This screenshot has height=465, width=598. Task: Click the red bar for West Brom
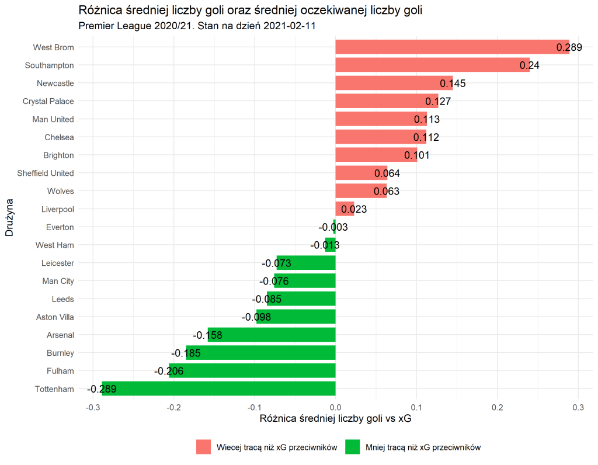452,47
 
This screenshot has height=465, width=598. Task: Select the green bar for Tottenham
218,388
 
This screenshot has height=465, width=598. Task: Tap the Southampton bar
432,65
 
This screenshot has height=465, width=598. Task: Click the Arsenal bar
272,335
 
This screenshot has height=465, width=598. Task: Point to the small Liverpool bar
345,209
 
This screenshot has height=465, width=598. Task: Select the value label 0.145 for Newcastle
453,84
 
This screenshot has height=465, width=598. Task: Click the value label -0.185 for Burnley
186,353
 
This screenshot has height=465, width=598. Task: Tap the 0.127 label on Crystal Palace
437,102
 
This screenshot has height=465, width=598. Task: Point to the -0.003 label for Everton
333,227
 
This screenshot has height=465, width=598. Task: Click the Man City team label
58,281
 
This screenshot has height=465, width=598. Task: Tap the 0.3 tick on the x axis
578,407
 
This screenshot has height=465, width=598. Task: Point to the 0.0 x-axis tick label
335,407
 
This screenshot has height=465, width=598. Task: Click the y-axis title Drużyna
9,218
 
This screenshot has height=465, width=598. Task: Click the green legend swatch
352,447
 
